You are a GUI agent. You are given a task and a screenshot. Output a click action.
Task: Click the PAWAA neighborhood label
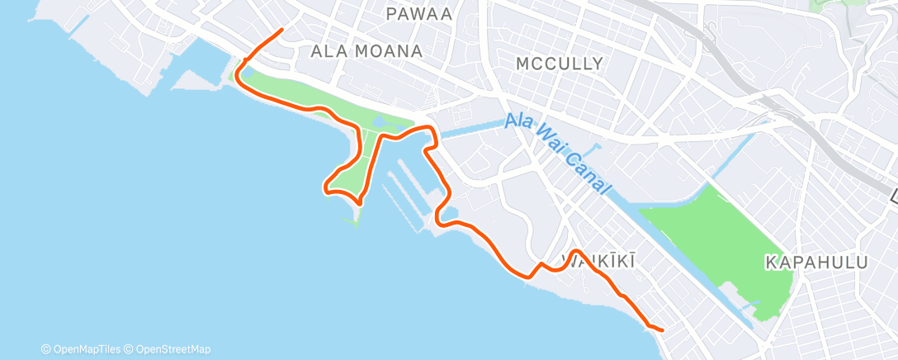coord(418,13)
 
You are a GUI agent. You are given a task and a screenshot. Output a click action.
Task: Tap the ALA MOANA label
coord(366,51)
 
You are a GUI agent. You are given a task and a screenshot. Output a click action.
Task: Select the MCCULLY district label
coord(559,64)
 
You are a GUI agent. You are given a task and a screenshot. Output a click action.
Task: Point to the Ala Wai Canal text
coord(560,154)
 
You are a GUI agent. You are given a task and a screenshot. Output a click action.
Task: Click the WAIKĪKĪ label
coord(598,262)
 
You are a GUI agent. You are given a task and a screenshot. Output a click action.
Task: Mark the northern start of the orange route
coord(282,30)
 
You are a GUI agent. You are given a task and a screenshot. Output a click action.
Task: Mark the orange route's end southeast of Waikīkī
coord(662,330)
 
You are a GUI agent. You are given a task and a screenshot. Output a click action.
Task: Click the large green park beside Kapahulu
coord(718,239)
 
